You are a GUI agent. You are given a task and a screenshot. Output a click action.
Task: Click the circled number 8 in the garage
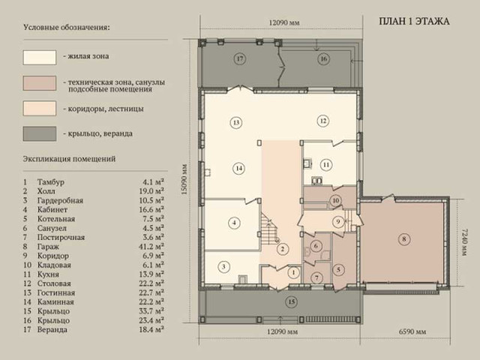(403, 238)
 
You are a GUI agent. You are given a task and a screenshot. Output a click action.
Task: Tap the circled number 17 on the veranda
(240, 58)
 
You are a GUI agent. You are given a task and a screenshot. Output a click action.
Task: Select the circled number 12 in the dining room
(323, 121)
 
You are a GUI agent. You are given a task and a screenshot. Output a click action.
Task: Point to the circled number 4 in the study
(234, 223)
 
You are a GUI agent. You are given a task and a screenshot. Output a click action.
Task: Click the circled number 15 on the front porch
(291, 302)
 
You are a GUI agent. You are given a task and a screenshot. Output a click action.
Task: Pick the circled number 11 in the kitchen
(326, 165)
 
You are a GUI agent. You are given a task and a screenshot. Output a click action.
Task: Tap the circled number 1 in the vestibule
(293, 272)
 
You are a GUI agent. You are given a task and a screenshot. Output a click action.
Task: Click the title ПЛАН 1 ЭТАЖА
(414, 22)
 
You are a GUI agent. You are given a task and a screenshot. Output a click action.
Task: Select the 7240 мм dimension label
(463, 241)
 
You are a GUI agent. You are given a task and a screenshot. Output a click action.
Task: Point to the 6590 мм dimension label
(412, 331)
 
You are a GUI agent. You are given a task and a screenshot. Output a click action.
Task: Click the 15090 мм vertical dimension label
(184, 180)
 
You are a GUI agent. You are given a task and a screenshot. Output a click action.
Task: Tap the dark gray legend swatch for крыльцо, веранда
(40, 133)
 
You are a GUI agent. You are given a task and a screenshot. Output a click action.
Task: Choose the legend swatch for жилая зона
(40, 58)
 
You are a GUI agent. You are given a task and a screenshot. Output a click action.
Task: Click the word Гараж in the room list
(48, 247)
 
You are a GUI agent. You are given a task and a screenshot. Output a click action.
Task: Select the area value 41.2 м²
(151, 247)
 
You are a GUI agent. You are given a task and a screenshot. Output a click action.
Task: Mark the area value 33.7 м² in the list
(151, 311)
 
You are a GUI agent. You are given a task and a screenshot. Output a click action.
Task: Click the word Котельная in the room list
(56, 219)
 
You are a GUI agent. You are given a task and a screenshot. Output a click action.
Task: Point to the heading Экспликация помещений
(69, 159)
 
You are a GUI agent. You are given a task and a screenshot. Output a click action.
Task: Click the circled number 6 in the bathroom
(316, 246)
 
